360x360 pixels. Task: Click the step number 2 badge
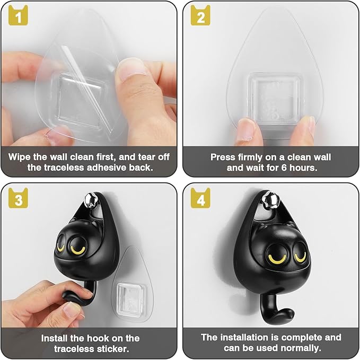[200, 17]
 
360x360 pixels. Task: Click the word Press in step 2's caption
[223, 157]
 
